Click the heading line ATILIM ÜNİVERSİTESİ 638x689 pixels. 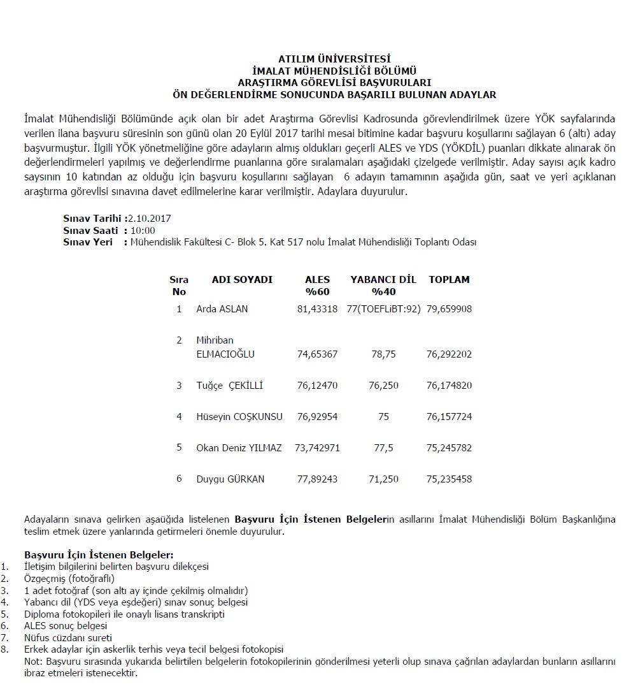click(334, 59)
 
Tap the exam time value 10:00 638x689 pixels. click(143, 231)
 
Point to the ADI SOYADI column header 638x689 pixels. click(242, 280)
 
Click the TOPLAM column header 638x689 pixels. click(449, 280)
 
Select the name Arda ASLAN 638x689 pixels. click(222, 309)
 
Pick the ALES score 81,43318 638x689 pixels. click(317, 309)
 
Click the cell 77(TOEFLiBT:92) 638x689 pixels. click(384, 309)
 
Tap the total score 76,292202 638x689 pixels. click(449, 354)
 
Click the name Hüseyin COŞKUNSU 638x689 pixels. click(239, 417)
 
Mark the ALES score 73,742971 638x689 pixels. click(317, 448)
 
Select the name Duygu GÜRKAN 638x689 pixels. click(230, 479)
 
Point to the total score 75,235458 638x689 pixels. click(449, 479)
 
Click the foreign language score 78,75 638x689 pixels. click(383, 354)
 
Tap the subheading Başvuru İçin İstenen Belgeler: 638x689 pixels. click(99, 555)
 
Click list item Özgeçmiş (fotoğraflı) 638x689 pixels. click(69, 579)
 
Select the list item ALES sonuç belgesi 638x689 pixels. click(66, 626)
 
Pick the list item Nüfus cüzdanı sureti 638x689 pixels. click(68, 637)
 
